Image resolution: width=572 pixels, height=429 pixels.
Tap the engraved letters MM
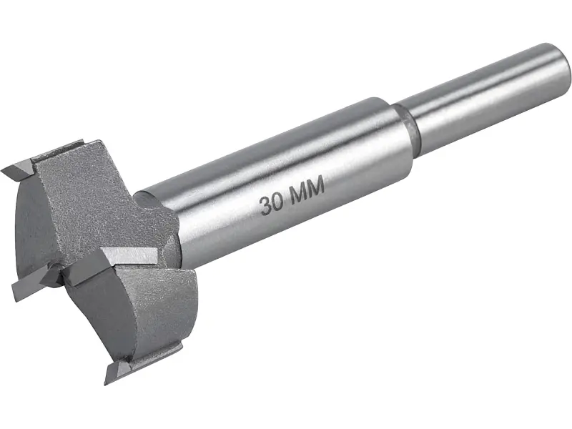(x=306, y=191)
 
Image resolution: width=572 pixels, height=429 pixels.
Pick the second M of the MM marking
(x=315, y=187)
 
